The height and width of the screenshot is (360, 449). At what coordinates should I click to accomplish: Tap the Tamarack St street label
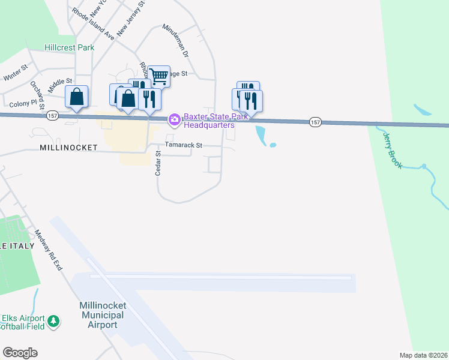point(184,145)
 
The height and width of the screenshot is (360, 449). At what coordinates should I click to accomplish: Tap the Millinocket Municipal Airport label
point(101,315)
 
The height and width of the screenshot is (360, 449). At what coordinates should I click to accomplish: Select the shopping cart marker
point(159,76)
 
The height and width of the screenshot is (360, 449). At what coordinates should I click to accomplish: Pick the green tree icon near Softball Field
point(54,322)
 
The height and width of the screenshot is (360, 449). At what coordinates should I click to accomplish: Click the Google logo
point(20,353)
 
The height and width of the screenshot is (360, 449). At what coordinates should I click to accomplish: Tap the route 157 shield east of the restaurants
point(316,122)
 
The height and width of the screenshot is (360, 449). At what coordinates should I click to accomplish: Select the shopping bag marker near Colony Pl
point(77,97)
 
